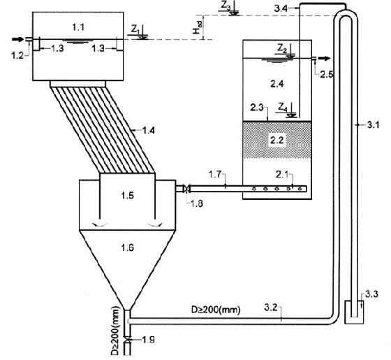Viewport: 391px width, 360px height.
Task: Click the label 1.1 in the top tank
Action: [78, 27]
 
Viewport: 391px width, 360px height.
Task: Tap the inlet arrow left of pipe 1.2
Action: [18, 39]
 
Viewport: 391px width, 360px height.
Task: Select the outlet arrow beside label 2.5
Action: [325, 59]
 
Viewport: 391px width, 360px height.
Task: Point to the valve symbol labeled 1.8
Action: [186, 188]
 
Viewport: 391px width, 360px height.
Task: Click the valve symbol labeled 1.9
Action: [127, 339]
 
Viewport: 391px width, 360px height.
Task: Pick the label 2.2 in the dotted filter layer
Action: [277, 141]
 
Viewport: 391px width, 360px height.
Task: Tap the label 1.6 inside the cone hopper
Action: [127, 247]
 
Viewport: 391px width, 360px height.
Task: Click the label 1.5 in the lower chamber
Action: [127, 196]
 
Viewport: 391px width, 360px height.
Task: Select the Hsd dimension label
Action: [197, 27]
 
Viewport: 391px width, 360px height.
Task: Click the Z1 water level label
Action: [135, 30]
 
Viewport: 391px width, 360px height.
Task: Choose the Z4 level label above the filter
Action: [283, 108]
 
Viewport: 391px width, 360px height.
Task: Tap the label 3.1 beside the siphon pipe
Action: [374, 125]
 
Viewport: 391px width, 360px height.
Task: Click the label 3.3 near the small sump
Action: [371, 294]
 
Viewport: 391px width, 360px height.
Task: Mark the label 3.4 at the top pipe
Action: [281, 8]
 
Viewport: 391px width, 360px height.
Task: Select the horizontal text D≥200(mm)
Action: [216, 310]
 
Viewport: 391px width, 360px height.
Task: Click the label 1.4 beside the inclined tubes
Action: [148, 130]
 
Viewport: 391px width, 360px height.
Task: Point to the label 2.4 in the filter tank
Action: [277, 84]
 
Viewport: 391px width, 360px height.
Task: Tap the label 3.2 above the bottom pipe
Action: [271, 308]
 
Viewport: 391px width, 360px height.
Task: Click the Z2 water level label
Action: [282, 49]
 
